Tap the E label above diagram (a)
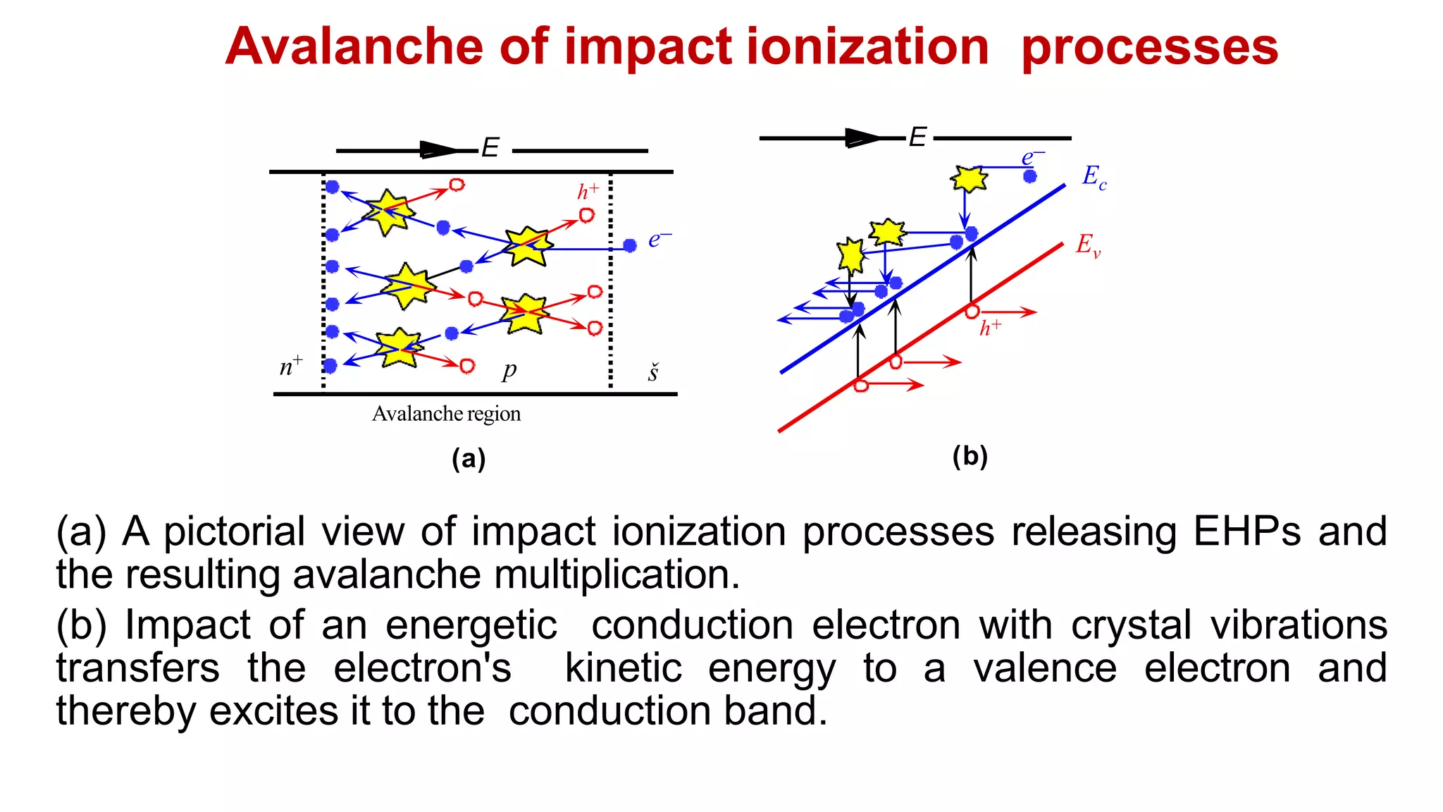(490, 148)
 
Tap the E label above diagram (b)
(917, 137)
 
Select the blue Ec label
(1094, 177)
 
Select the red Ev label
(1088, 245)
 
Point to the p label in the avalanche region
(509, 369)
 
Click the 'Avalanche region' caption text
(446, 414)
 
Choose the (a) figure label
(469, 459)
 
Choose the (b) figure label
(970, 456)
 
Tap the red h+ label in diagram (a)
(588, 191)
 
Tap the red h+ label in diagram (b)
(990, 328)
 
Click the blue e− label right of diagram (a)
(659, 240)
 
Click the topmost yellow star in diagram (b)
(969, 178)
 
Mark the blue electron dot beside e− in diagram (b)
(1030, 176)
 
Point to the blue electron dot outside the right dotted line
(630, 245)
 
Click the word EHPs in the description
(1246, 531)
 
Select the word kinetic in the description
(624, 668)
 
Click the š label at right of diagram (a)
(653, 373)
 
